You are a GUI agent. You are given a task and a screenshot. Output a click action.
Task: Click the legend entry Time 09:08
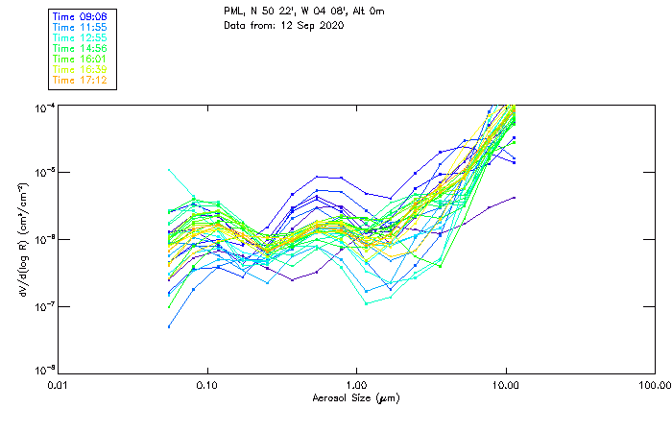[x=80, y=16]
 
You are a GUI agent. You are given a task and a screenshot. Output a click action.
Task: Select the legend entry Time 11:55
[x=80, y=27]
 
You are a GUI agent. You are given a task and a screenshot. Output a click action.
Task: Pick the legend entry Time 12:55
[x=80, y=37]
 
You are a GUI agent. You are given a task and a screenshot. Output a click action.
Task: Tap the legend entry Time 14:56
[x=80, y=48]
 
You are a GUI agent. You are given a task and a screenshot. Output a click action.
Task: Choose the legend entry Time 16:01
[x=80, y=59]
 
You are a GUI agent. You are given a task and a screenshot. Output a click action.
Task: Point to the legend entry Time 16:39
[x=80, y=69]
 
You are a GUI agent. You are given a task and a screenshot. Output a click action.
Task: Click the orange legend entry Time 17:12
[x=80, y=80]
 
